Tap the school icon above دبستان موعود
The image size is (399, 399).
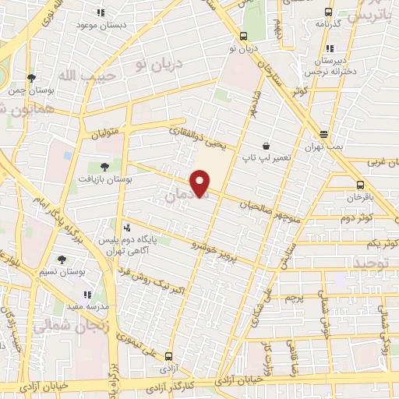[x=101, y=12]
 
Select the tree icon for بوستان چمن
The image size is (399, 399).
[x=31, y=79]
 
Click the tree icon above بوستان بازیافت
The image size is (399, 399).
[x=104, y=167]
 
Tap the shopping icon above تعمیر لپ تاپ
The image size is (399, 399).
[x=267, y=146]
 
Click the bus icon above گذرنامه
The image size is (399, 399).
[x=327, y=12]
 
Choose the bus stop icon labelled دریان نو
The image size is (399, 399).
[x=244, y=36]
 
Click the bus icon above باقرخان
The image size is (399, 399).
[x=359, y=185]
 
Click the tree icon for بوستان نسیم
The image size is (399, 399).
[x=62, y=260]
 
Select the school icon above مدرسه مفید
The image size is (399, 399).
[x=87, y=295]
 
